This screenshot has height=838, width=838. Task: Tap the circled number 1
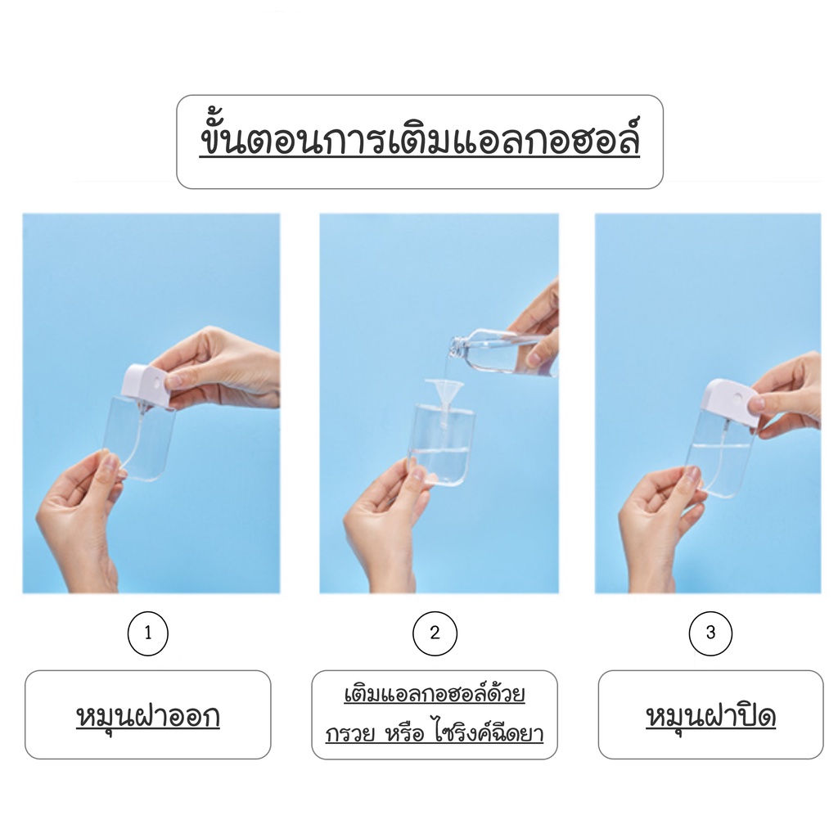[x=148, y=633]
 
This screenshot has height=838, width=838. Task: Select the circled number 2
[x=435, y=633]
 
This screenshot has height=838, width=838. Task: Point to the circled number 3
[x=710, y=633]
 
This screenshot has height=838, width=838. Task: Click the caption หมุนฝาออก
[x=148, y=717]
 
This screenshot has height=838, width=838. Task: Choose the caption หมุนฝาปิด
[x=711, y=717]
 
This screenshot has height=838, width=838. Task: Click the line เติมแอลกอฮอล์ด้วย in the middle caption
[x=435, y=694]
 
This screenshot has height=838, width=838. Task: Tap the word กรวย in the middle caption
[x=349, y=733]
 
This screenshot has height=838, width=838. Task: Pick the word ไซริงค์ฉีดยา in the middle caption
[x=489, y=732]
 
